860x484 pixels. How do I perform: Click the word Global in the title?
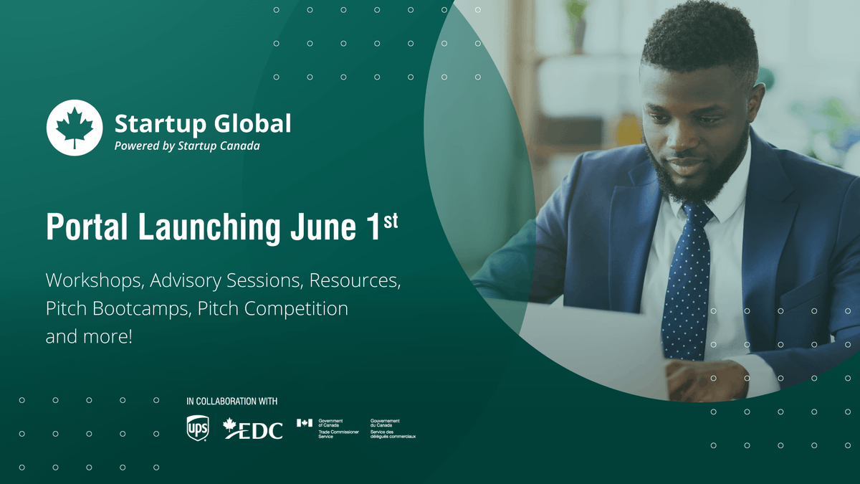tap(252, 123)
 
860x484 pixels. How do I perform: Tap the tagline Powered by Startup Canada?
tap(187, 146)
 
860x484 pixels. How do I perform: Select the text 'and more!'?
tap(89, 336)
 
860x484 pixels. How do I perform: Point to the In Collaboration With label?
tap(231, 402)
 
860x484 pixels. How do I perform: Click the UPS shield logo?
tap(197, 427)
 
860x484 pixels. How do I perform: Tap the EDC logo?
tap(254, 429)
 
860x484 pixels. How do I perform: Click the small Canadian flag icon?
tap(305, 422)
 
